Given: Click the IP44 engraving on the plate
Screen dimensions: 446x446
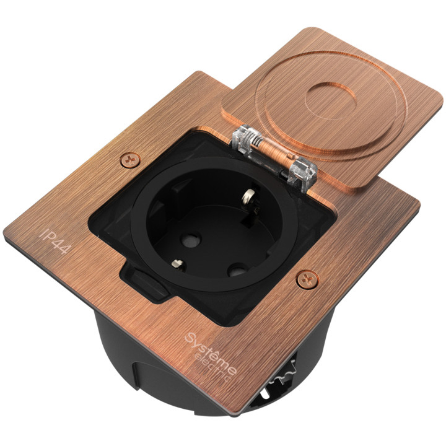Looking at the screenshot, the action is (x=55, y=241).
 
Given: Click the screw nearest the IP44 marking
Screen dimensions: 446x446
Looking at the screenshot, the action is (x=130, y=160).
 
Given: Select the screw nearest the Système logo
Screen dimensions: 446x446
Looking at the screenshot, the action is (x=307, y=279).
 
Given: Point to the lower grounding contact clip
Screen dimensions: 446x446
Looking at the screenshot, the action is (x=178, y=264).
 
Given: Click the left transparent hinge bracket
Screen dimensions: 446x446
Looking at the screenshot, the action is (x=243, y=140).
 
